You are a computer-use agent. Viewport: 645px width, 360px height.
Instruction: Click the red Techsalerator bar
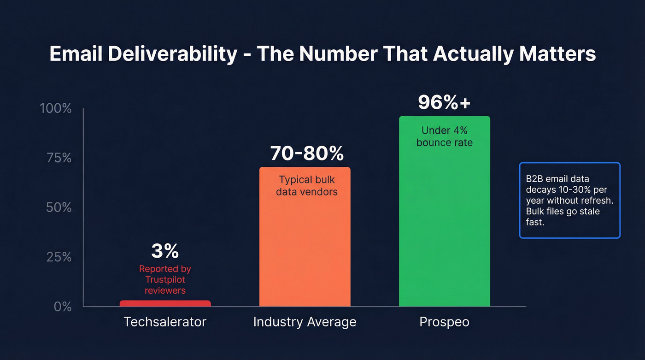(165, 303)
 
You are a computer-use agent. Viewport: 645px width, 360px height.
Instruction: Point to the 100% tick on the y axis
(56, 109)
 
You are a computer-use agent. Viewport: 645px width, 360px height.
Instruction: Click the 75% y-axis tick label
(59, 158)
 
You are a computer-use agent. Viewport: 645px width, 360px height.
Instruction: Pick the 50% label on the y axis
(59, 207)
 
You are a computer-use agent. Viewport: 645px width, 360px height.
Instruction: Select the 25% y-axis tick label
(59, 257)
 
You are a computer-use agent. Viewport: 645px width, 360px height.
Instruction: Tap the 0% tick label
(63, 307)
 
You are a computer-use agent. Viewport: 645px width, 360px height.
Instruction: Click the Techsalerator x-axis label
(165, 322)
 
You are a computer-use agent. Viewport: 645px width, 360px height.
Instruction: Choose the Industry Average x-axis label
(305, 322)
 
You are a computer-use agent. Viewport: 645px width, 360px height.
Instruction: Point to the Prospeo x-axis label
(444, 322)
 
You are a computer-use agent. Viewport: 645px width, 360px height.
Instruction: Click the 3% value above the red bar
(165, 251)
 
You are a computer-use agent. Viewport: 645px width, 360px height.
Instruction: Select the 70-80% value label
(307, 153)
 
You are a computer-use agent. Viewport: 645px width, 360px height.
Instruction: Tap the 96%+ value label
(444, 103)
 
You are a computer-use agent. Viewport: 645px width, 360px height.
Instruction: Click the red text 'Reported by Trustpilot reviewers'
(165, 279)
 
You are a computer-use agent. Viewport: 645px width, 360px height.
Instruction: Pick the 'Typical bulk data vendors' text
(307, 186)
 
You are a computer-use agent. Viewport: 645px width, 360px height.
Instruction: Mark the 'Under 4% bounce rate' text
(444, 137)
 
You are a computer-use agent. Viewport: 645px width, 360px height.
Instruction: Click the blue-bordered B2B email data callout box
(569, 200)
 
